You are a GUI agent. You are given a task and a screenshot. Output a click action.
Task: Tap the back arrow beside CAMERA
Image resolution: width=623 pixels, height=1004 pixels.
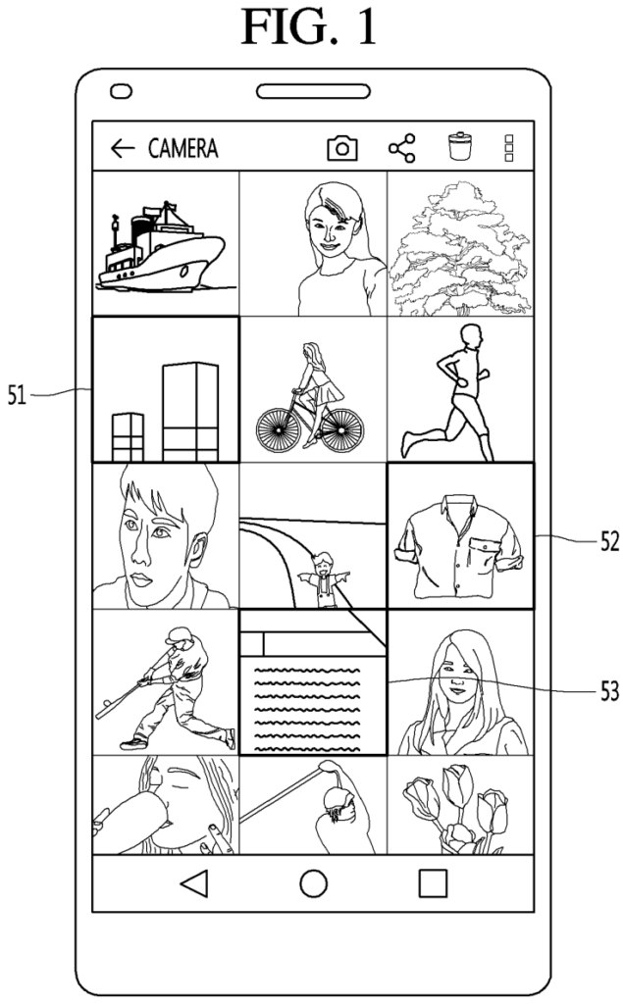coord(123,149)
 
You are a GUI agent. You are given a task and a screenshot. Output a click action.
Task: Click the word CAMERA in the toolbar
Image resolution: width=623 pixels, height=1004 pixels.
coord(182,149)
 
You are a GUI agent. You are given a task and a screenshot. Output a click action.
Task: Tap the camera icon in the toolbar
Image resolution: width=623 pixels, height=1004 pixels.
coord(342,149)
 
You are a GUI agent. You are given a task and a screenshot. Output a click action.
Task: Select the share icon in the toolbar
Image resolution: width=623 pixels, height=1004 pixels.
coord(402,149)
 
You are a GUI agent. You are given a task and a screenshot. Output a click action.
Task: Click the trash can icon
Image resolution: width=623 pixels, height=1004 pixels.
coord(460,146)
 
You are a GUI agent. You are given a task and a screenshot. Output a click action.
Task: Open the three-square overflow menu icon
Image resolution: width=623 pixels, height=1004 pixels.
coord(509,149)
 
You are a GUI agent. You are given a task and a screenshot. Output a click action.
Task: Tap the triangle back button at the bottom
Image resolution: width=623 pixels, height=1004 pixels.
coord(195,883)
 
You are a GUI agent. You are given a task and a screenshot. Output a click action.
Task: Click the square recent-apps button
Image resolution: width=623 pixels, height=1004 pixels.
coord(433,883)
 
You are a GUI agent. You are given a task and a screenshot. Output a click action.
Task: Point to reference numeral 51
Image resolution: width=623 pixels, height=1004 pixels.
coord(17,395)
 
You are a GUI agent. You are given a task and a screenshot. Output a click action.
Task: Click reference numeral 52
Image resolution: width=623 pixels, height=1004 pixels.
coord(609,541)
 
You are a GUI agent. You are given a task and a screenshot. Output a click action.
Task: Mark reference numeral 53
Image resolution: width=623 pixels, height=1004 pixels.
coord(609,691)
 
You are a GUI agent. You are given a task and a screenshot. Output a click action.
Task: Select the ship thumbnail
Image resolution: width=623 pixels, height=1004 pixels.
coord(166,243)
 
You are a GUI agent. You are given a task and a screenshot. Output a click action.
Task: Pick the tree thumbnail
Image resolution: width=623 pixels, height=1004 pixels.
coord(460,243)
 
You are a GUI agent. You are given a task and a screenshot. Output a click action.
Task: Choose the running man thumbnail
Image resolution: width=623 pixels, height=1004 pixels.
coord(460,389)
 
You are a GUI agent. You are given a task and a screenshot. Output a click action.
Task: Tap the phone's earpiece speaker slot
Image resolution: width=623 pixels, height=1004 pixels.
coord(313,91)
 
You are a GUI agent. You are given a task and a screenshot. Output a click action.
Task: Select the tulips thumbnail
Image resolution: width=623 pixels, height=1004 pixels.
coord(460,805)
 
